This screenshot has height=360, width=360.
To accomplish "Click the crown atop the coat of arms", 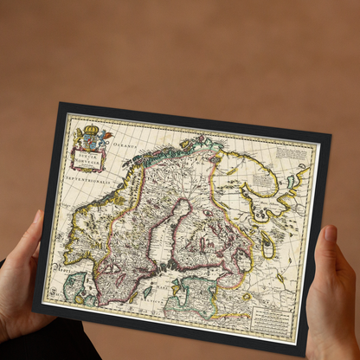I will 91,130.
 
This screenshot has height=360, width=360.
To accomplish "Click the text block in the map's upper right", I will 292,156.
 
